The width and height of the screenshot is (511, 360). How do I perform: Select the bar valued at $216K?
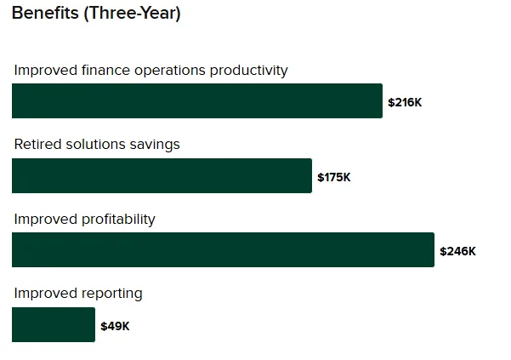point(197,101)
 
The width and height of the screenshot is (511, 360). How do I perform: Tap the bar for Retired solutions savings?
point(162,175)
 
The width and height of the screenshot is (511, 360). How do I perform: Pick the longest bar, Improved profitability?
point(223,250)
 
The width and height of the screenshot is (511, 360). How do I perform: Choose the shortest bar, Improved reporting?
point(54,325)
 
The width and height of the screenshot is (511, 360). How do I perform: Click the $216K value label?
point(405,102)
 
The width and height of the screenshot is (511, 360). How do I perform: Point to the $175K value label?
point(334,177)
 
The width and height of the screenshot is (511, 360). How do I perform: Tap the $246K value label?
point(457,251)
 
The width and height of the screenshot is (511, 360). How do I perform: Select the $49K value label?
point(115,326)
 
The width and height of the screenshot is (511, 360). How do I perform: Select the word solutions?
point(96,145)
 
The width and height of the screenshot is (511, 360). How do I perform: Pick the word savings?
point(156,145)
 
